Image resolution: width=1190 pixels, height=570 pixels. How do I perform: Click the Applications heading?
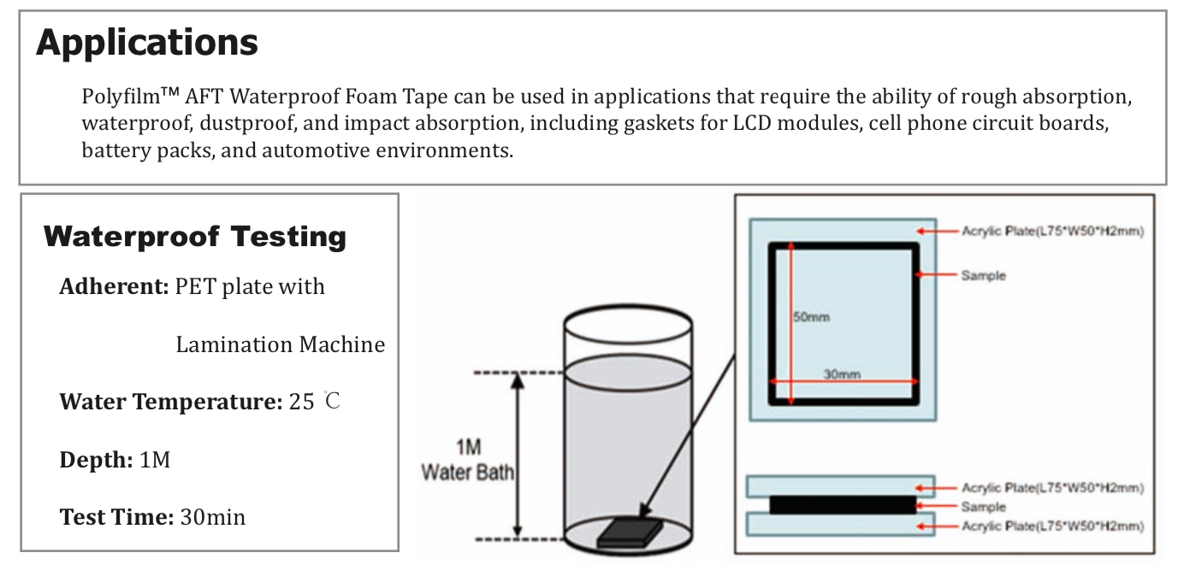coord(146,42)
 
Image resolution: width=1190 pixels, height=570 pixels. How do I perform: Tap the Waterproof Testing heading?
coord(195,237)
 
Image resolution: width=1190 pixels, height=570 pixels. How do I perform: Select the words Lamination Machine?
coord(280,344)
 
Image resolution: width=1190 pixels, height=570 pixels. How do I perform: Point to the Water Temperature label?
coord(170,402)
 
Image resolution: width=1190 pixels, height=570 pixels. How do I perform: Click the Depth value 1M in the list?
coord(155,460)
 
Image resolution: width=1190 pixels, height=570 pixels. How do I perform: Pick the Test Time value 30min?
coord(212,517)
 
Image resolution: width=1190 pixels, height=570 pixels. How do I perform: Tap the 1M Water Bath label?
coord(467,461)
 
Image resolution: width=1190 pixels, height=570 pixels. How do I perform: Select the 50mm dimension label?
coord(812,317)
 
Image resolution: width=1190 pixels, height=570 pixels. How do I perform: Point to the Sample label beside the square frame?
coord(983,275)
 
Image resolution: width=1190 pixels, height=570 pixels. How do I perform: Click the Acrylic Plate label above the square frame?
coord(1052,231)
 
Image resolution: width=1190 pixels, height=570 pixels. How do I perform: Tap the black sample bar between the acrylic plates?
coord(842,506)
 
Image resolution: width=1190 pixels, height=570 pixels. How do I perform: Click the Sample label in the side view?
coord(983,507)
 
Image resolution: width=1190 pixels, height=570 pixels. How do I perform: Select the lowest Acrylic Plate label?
coord(1052,526)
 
